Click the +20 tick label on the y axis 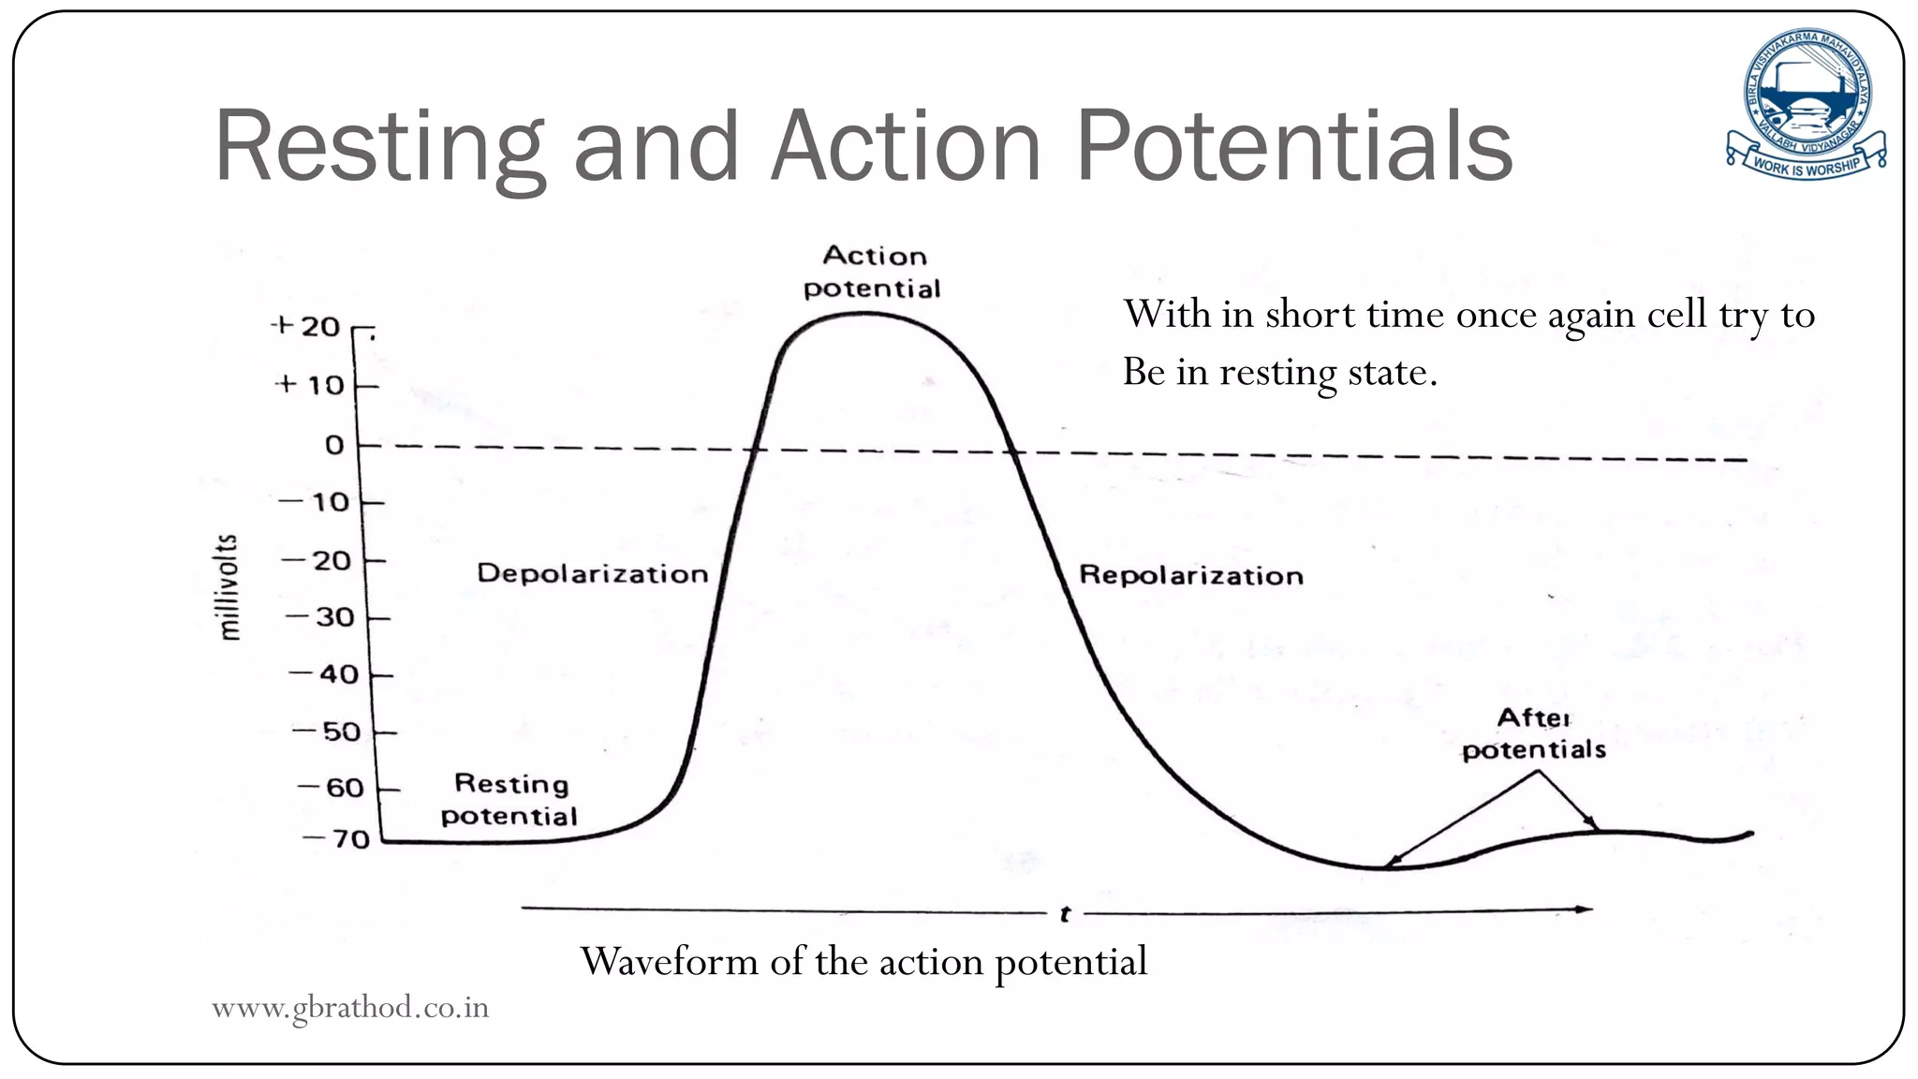tap(306, 327)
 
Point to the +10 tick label tap(310, 385)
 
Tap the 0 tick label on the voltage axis tap(334, 445)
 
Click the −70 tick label tap(337, 839)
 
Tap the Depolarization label tap(592, 573)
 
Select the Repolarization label tap(1190, 575)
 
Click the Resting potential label tap(509, 799)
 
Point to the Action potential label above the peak tap(872, 272)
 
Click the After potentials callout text tap(1533, 733)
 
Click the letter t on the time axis tap(1065, 913)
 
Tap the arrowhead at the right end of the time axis tap(1584, 909)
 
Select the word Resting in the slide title tap(378, 148)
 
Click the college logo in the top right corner tap(1806, 104)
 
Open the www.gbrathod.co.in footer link tap(350, 1007)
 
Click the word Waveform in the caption tap(669, 961)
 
